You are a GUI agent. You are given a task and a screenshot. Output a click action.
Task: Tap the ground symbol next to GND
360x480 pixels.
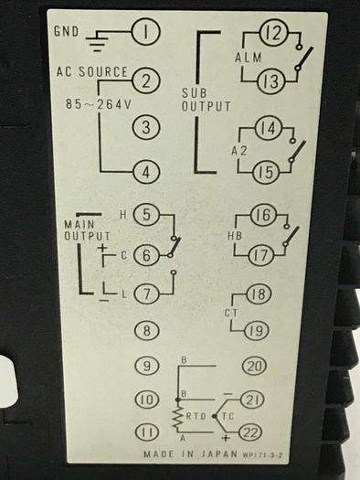pos(100,37)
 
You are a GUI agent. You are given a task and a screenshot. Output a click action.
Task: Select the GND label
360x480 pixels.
pos(66,30)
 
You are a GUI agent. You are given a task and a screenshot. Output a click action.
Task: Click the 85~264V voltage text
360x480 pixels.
pos(98,102)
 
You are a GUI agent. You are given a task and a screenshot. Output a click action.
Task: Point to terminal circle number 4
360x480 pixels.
pos(146,170)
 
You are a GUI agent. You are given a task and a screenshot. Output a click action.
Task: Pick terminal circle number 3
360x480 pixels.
pos(146,127)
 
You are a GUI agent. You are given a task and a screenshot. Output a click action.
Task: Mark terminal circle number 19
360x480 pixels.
pos(256,330)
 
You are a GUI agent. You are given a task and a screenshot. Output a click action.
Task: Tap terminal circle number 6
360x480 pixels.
pos(146,258)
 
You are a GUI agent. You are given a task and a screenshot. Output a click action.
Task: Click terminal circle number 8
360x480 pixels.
pos(146,330)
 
